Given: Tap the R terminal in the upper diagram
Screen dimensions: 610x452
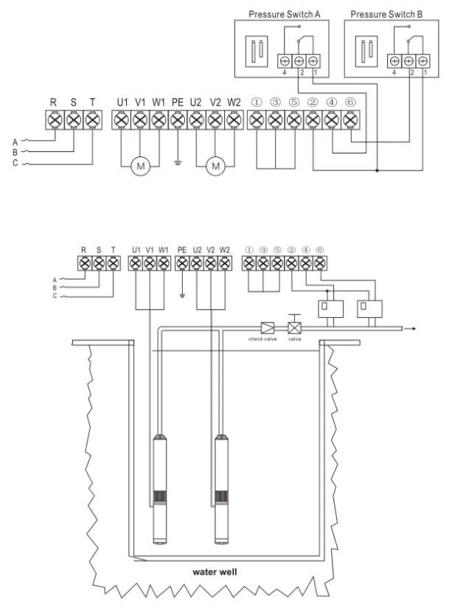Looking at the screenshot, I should (55, 119).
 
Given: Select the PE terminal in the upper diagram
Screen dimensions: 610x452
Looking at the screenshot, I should (177, 119).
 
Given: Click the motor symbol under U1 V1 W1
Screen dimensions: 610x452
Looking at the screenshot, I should (141, 167).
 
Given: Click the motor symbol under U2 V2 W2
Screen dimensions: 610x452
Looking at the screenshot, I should (215, 167).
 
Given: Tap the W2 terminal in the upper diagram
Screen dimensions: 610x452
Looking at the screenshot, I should (234, 119).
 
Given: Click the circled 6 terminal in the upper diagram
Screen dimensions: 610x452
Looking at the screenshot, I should (350, 119).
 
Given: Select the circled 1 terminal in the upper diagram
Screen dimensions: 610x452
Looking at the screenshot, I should (256, 119).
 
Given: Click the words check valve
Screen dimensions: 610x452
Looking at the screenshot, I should (262, 339).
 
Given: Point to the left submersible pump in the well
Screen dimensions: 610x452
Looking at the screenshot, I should (159, 487).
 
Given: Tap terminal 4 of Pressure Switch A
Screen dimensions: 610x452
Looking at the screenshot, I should (285, 62).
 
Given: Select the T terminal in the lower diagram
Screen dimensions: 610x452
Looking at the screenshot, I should (113, 262).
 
